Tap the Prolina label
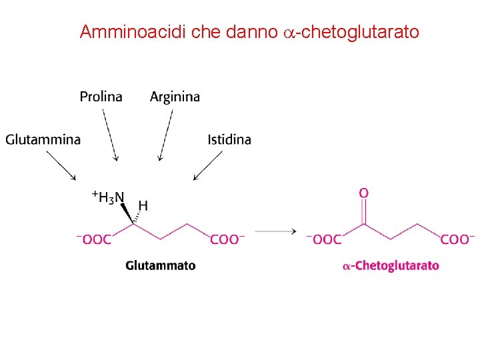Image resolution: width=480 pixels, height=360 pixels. [x=101, y=97]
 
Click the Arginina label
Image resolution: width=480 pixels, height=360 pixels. [x=175, y=97]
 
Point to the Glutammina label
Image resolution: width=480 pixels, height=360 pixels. [x=43, y=139]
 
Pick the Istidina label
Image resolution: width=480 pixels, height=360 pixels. [x=229, y=139]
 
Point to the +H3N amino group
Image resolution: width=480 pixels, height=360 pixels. [x=107, y=197]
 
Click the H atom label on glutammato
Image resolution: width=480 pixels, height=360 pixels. [x=143, y=206]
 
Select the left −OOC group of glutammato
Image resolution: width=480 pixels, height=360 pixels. [x=94, y=239]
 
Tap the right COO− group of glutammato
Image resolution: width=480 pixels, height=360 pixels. [x=227, y=239]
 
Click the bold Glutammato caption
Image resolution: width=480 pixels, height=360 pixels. [x=161, y=265]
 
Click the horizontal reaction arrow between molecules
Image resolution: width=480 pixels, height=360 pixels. [x=275, y=231]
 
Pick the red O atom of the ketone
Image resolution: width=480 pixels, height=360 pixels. [x=363, y=193]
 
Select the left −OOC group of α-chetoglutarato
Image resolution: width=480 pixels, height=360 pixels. [x=323, y=239]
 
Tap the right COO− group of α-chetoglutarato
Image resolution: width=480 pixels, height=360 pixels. [x=457, y=239]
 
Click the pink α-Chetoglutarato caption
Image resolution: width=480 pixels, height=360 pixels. [x=391, y=265]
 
